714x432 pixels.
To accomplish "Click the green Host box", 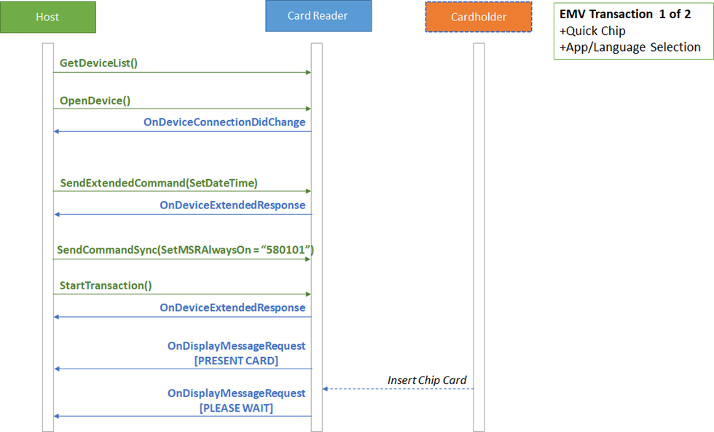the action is (48, 17).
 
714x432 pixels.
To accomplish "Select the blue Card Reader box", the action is (318, 16).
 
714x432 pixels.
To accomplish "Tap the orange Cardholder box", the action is (479, 17).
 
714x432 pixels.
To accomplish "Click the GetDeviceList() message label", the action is (98, 63).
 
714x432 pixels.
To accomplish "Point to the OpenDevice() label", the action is (95, 101).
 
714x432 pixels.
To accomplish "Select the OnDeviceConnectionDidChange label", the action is (224, 122).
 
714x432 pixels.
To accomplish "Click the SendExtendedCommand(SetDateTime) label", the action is (159, 183).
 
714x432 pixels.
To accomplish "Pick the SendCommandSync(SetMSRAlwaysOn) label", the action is (185, 250).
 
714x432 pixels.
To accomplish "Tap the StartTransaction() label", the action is (106, 286).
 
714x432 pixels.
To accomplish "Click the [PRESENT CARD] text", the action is (236, 361).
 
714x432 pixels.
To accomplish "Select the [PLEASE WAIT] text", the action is (236, 408).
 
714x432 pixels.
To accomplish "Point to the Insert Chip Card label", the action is (427, 380).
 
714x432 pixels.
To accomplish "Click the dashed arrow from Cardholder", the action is (398, 389).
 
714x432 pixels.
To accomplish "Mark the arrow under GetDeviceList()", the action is (182, 72).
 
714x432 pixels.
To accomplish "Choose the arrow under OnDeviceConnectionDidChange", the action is (183, 132).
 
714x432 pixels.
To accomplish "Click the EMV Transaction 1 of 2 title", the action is (625, 14).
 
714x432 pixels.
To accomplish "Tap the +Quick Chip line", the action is (592, 31).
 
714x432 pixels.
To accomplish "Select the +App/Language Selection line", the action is (630, 47).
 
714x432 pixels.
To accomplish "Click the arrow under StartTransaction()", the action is (182, 294).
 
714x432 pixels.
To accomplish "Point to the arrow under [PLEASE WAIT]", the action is (183, 416).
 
